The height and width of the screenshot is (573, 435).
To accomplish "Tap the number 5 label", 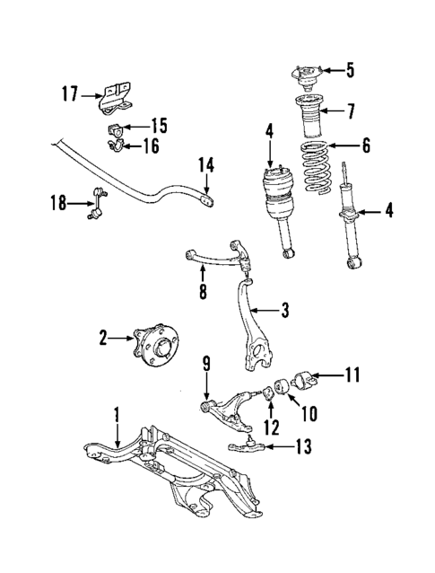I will (350, 69).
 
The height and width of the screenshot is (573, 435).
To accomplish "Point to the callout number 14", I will (206, 164).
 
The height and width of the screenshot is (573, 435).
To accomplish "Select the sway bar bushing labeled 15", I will (113, 130).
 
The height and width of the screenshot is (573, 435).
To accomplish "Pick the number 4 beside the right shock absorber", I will (387, 212).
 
